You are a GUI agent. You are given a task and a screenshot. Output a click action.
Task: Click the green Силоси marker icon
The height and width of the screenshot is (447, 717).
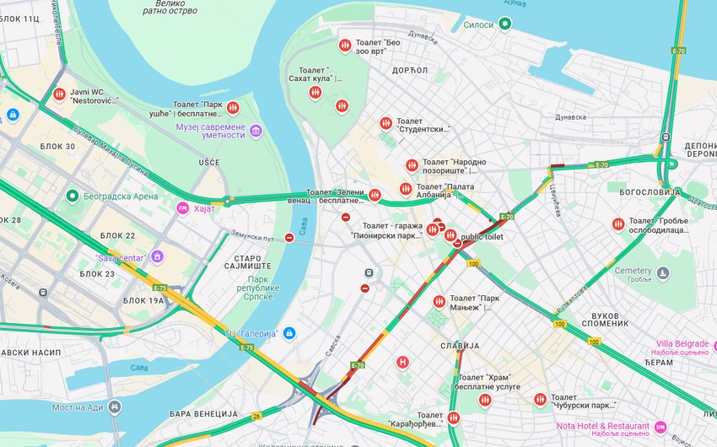tap(504, 24)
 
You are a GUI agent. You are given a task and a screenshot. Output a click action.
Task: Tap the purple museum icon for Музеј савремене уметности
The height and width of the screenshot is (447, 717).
tap(256, 131)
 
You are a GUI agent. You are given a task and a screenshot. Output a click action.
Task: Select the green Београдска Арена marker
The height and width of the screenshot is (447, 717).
tap(73, 197)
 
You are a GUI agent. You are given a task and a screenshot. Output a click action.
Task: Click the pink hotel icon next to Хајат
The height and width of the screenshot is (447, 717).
tap(182, 208)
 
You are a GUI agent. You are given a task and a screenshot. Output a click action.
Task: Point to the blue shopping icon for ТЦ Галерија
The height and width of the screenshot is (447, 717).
tap(289, 334)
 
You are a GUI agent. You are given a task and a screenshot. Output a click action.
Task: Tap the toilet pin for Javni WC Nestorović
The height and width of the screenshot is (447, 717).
tap(59, 94)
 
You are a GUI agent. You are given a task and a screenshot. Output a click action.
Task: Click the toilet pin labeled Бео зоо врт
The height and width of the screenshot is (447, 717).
tap(344, 46)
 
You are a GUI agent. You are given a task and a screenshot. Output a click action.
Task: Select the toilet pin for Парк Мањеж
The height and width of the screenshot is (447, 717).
tap(439, 302)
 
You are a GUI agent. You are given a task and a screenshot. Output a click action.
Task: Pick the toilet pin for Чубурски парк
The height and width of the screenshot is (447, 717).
tap(540, 400)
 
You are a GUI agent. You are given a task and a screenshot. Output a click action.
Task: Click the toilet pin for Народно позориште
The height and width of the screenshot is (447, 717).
tap(412, 165)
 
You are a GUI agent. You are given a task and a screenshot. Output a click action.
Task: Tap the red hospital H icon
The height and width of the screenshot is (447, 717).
tap(403, 363)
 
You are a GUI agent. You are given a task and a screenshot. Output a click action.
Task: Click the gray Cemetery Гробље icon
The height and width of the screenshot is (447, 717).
tap(663, 273)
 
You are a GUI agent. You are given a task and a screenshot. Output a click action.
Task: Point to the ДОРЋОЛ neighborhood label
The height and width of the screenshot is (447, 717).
tap(410, 70)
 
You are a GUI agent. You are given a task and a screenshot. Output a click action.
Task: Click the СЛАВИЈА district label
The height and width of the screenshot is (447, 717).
tap(460, 346)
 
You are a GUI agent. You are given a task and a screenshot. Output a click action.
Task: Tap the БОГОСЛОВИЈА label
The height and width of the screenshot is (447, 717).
tap(650, 192)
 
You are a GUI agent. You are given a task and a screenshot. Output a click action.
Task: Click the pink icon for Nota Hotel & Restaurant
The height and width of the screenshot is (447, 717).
tap(660, 426)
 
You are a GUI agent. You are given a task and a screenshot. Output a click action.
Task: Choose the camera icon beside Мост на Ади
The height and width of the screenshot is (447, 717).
tap(116, 407)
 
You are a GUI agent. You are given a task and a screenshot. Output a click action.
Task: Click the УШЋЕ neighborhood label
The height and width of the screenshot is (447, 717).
tap(208, 162)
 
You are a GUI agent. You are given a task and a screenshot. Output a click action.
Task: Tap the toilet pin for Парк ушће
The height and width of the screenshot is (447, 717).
tap(233, 108)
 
